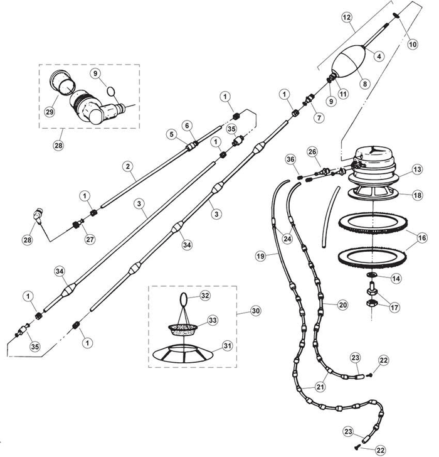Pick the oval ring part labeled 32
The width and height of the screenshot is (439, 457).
[x=186, y=297]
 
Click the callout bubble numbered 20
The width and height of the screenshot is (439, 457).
[x=342, y=304]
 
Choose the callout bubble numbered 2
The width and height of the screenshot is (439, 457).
[x=127, y=166]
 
